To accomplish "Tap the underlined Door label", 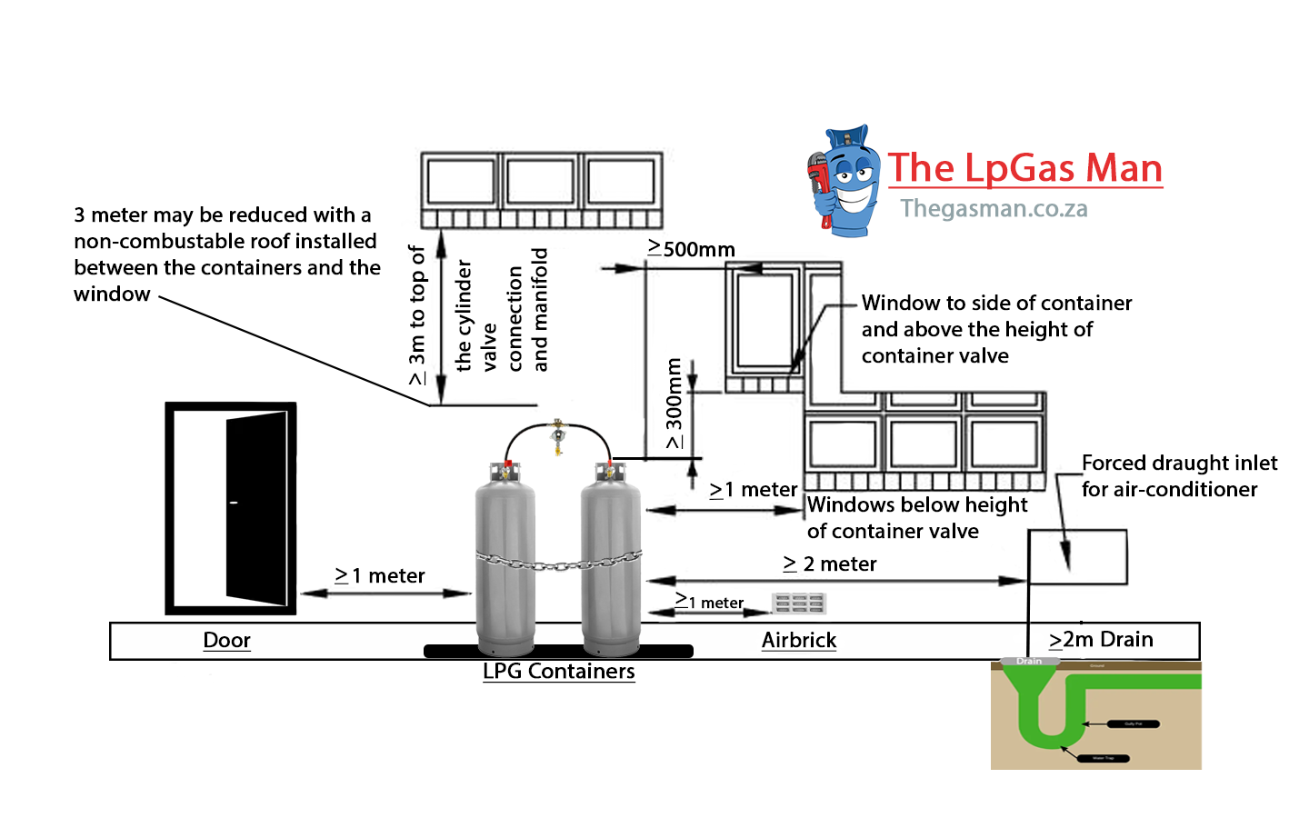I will click(226, 640).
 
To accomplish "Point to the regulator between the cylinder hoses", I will click(557, 437).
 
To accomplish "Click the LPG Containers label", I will click(558, 671).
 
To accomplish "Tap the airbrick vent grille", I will click(798, 603).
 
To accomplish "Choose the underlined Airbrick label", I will click(798, 640).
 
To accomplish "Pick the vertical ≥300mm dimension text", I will click(674, 404).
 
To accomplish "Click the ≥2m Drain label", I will click(1101, 640).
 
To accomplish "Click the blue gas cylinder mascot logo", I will click(844, 182).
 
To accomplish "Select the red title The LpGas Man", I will click(1024, 168).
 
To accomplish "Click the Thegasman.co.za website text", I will click(994, 209).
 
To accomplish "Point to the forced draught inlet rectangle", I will click(1077, 556).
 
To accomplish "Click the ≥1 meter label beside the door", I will click(380, 575).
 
